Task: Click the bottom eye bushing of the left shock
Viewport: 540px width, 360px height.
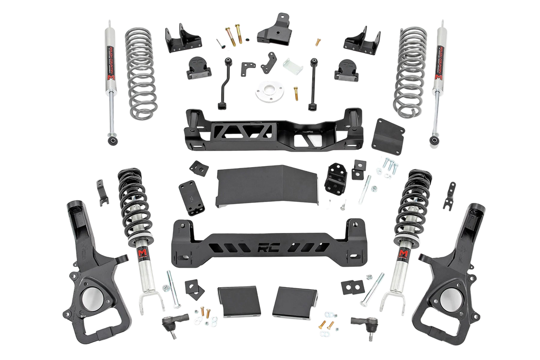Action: (112, 141)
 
